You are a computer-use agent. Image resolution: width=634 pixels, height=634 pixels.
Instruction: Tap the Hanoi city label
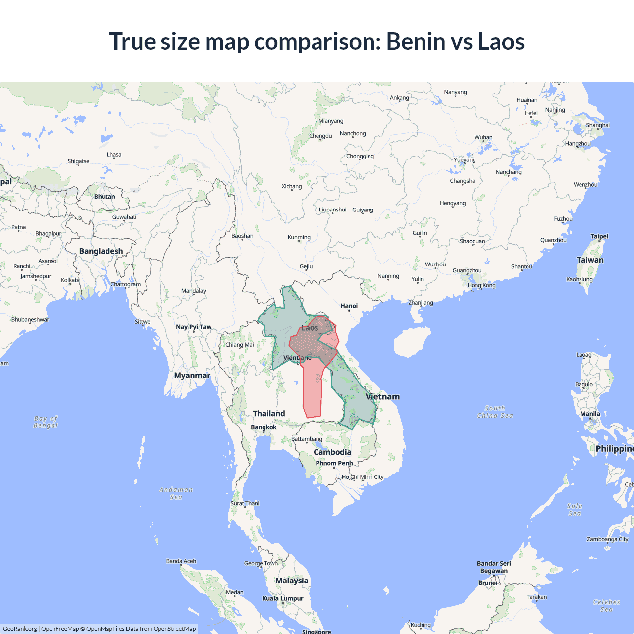coord(349,306)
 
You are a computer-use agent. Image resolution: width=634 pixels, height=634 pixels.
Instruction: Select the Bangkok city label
coord(264,427)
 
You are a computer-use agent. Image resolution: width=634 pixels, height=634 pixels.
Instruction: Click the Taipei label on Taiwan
coord(599,236)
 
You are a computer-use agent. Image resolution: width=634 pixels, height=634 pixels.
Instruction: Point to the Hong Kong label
coord(481,285)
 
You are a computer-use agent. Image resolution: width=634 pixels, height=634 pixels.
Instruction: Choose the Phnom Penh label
coord(334,463)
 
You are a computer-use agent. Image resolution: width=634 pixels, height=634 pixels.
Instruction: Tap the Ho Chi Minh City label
coord(363,477)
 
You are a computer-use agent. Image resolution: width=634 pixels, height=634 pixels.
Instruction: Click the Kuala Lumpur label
coord(282,598)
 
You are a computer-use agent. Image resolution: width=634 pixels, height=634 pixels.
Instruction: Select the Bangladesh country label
coord(101,251)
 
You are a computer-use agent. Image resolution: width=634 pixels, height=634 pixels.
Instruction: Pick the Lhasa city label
coord(114,155)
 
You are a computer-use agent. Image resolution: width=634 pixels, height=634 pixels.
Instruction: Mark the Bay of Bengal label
coord(46,422)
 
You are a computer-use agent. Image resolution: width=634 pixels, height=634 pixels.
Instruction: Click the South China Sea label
coord(495,412)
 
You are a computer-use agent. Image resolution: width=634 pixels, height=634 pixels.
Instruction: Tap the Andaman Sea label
coord(176,493)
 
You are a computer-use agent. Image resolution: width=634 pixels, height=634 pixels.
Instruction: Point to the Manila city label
coord(590,414)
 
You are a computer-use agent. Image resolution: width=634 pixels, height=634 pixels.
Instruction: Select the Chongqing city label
coord(360,156)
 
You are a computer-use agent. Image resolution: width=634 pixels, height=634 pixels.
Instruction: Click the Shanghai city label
coord(597,125)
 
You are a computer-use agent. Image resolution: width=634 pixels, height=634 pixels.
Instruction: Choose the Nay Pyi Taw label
coord(193,327)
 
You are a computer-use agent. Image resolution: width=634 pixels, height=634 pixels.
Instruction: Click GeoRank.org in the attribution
coord(20,629)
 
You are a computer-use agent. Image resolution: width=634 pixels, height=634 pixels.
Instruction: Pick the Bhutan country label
coord(105,197)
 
